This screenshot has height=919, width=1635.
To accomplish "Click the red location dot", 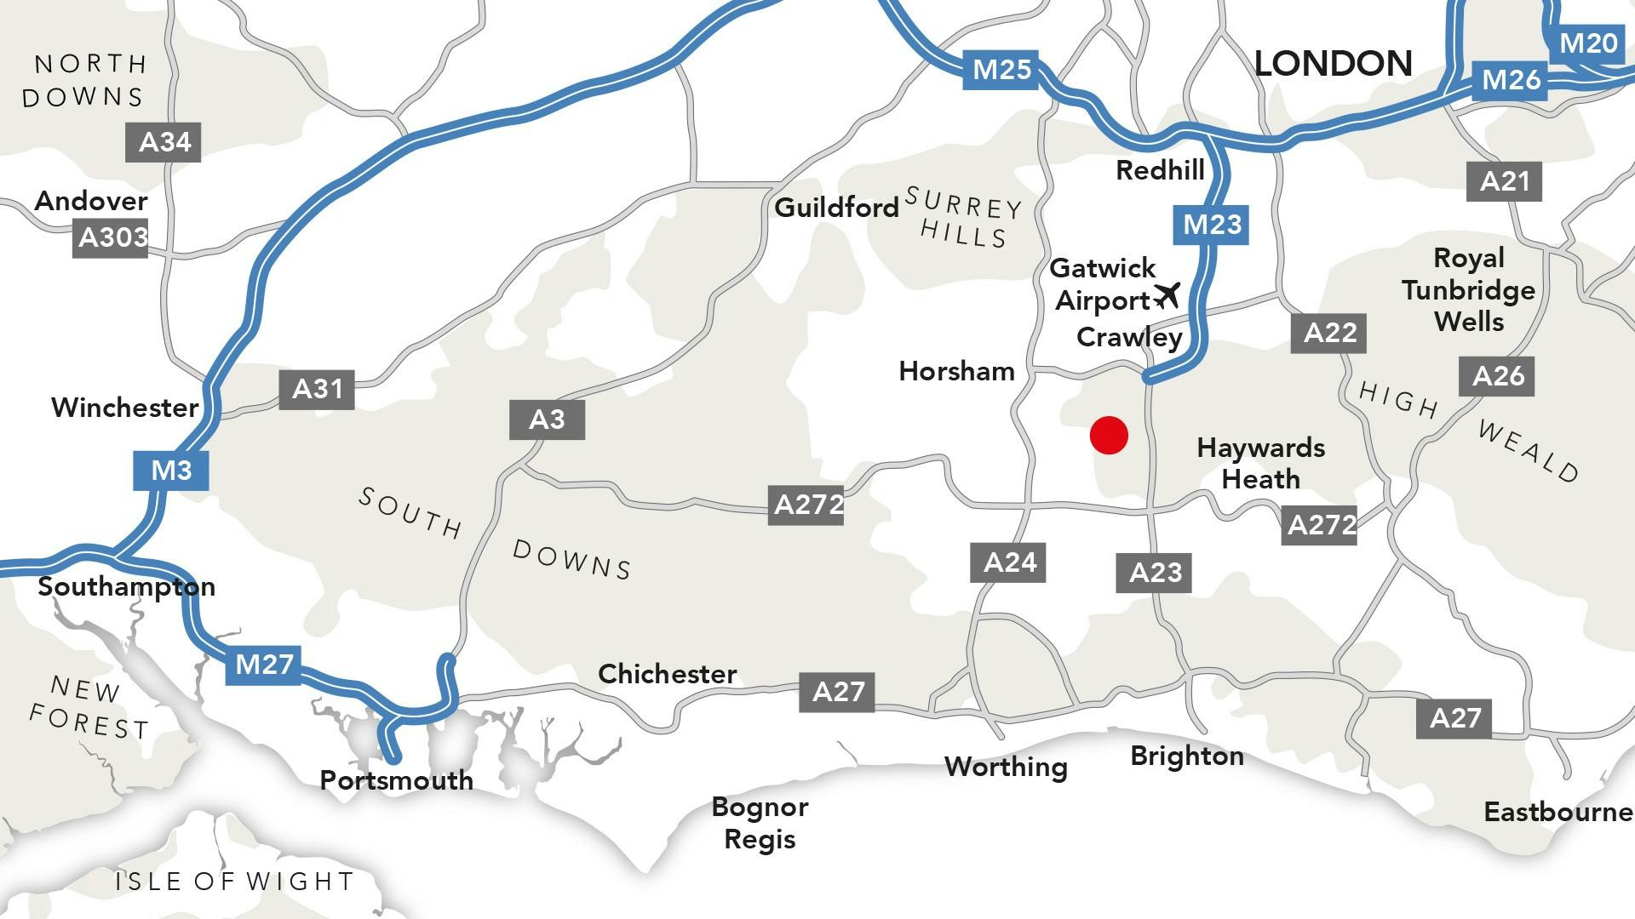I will (1109, 436).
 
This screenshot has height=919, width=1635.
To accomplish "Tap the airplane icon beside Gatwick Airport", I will (1167, 296).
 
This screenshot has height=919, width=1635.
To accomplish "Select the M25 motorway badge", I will (1002, 69).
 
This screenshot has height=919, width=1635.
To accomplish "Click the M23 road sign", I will (1212, 225).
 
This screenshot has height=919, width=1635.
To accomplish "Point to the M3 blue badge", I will (171, 470).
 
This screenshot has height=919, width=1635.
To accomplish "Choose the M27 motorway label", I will (264, 664).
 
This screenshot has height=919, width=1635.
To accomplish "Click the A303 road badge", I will (112, 237).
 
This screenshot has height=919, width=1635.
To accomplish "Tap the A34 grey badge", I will (163, 142).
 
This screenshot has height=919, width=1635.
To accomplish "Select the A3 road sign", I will (547, 420).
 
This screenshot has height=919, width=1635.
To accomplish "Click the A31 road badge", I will (317, 390).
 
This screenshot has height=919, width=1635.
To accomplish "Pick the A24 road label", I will (1009, 562).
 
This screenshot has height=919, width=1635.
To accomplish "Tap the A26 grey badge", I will (1497, 376).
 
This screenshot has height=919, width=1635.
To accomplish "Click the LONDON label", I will (1333, 64).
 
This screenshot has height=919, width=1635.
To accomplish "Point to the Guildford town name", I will (836, 208).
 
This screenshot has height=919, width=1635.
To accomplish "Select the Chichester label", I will (667, 674).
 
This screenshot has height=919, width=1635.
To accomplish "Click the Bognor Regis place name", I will (760, 823).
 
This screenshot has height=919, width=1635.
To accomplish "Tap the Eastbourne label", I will (1558, 812).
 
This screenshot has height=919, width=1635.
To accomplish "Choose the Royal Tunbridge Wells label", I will (1468, 290).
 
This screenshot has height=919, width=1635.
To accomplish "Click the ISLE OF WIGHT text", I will (234, 882).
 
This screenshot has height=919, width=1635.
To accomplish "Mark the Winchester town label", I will (124, 408).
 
